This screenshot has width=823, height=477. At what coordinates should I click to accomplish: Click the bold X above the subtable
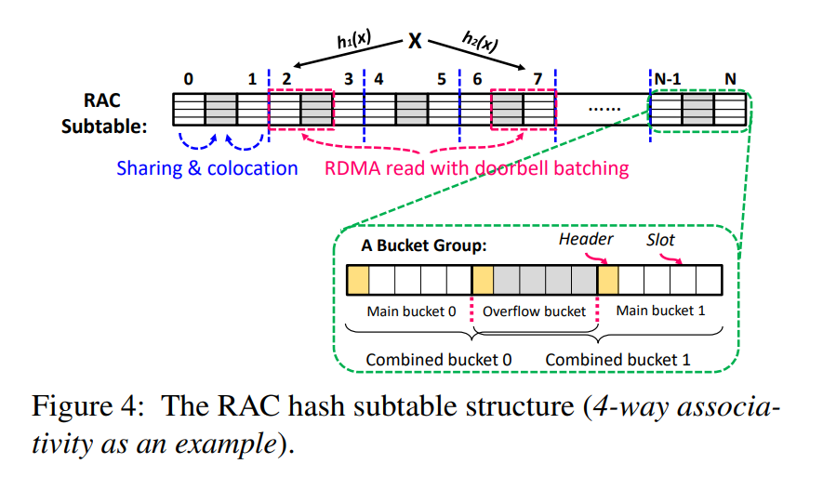[x=415, y=42]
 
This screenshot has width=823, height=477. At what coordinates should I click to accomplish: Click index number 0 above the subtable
[x=189, y=80]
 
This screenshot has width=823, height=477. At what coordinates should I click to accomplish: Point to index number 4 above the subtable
[x=378, y=80]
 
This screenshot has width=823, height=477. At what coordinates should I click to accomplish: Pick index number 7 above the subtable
[x=538, y=80]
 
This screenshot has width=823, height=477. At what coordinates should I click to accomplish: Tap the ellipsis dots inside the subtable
[x=605, y=109]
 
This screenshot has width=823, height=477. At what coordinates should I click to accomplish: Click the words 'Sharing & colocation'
[x=207, y=168]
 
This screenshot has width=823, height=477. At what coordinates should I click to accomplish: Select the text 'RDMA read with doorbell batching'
[x=476, y=168]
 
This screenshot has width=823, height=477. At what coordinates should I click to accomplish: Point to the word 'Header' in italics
[x=586, y=240]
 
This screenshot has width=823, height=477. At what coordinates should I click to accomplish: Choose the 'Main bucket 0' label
[x=411, y=311]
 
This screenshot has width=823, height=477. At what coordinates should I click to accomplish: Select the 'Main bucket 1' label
[x=660, y=311]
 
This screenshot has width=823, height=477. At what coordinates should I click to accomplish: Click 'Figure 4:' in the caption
[x=85, y=408]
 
